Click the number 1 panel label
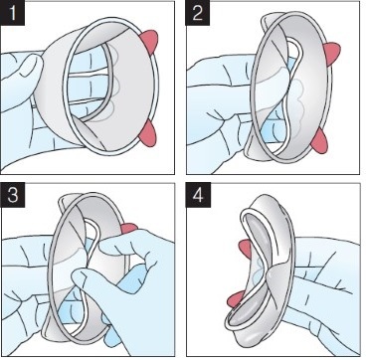pos(13,13)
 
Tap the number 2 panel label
pos(198,13)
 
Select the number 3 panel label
pos(13,196)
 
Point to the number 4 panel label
pos(198,196)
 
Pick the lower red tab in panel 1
pos(148,133)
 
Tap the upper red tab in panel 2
pos(332,54)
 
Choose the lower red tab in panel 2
pos(319,140)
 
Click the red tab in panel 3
pos(129,228)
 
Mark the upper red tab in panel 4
pos(246,250)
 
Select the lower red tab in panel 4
pos(235,299)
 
